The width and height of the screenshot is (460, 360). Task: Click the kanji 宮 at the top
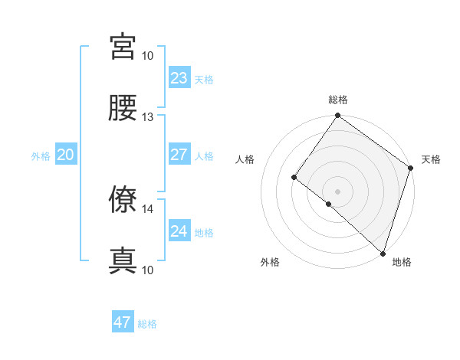[123, 47]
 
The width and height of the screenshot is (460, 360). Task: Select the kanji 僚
[123, 201]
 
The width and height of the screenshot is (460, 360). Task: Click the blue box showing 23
[179, 77]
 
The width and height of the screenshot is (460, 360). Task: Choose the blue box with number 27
[179, 155]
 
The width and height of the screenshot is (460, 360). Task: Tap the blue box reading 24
[179, 231]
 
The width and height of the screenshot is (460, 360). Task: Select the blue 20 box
[66, 155]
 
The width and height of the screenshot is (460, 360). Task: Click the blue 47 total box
[123, 322]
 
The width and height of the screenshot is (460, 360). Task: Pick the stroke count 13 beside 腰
[148, 116]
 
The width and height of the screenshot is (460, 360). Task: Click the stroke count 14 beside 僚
[148, 208]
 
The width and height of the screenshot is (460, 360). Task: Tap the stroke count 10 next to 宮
[148, 55]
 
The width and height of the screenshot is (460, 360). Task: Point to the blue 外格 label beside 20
[41, 156]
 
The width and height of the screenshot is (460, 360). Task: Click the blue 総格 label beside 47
[147, 324]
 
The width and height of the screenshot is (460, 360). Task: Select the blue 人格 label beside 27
[204, 156]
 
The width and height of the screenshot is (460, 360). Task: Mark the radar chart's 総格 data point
[337, 116]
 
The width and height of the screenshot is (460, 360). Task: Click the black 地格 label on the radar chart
[402, 262]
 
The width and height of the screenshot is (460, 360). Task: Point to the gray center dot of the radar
[337, 191]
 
